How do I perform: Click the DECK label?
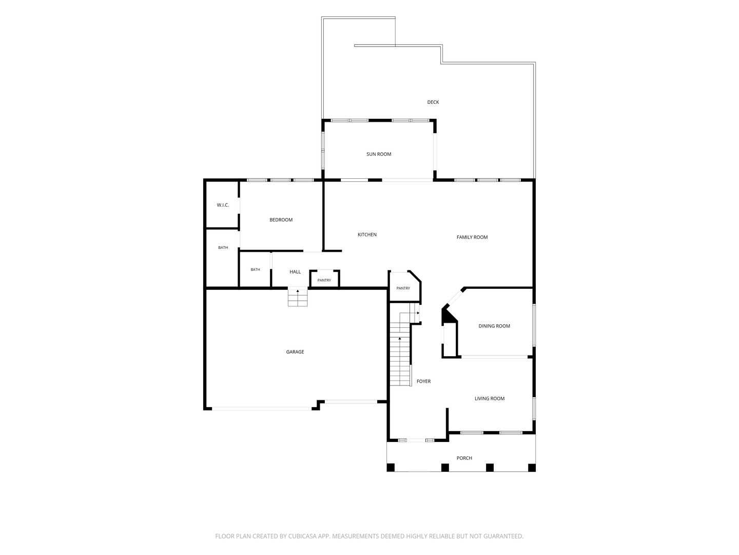pyautogui.click(x=433, y=102)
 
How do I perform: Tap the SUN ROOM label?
pyautogui.click(x=378, y=154)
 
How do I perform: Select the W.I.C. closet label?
pyautogui.click(x=223, y=205)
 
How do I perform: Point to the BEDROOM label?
pyautogui.click(x=281, y=220)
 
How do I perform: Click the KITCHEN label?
pyautogui.click(x=366, y=234)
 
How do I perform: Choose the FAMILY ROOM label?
pyautogui.click(x=472, y=237)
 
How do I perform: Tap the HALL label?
pyautogui.click(x=295, y=272)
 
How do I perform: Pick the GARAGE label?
pyautogui.click(x=295, y=352)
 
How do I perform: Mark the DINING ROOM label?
pyautogui.click(x=494, y=326)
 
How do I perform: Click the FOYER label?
pyautogui.click(x=423, y=381)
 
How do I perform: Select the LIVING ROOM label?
pyautogui.click(x=489, y=398)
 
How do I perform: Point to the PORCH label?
pyautogui.click(x=464, y=458)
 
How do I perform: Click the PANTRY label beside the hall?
pyautogui.click(x=324, y=281)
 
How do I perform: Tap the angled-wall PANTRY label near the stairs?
pyautogui.click(x=403, y=288)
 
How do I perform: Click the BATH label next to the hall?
pyautogui.click(x=255, y=270)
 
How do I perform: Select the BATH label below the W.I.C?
pyautogui.click(x=223, y=248)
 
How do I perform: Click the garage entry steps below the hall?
pyautogui.click(x=297, y=298)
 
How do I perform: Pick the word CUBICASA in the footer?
pyautogui.click(x=302, y=536)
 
